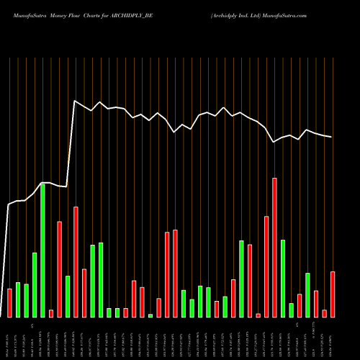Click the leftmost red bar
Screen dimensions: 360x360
[9, 302]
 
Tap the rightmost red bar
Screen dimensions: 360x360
[333, 294]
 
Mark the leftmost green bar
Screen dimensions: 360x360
[17, 300]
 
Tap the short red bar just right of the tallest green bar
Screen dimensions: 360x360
[51, 313]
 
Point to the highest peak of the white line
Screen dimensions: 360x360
[75, 100]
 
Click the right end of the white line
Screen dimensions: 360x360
[332, 137]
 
